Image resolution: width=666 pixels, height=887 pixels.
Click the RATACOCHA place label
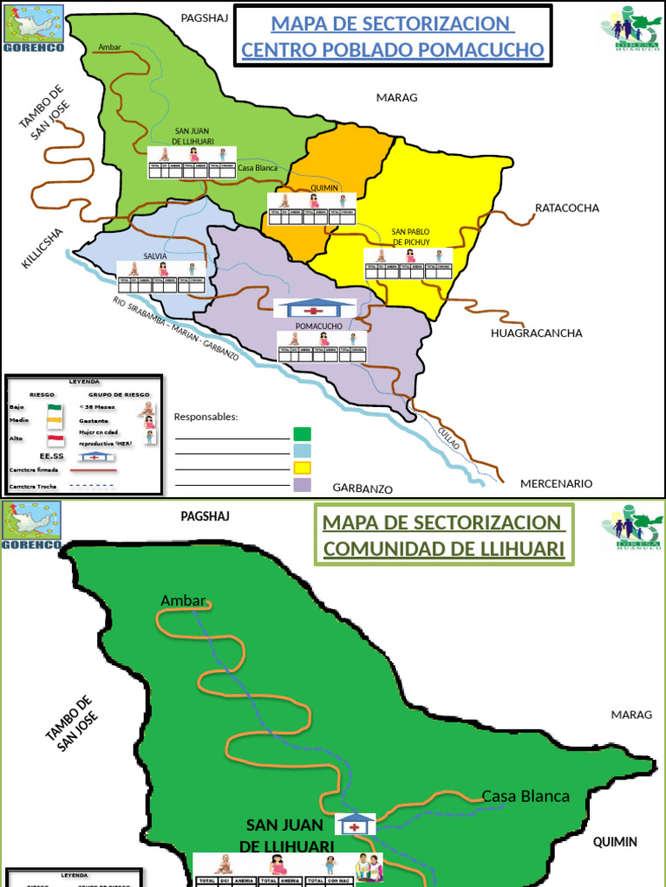pyautogui.click(x=567, y=208)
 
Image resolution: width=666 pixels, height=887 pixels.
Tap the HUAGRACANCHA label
pyautogui.click(x=536, y=333)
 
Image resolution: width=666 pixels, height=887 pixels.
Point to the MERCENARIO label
pyautogui.click(x=556, y=483)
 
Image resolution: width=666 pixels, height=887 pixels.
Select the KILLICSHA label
pyautogui.click(x=42, y=249)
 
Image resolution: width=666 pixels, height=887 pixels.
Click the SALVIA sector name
pyautogui.click(x=155, y=256)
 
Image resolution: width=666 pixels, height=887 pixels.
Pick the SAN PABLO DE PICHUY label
pyautogui.click(x=410, y=236)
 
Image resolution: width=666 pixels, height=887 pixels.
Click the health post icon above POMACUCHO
pyautogui.click(x=314, y=308)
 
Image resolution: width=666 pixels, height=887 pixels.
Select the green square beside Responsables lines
pyautogui.click(x=302, y=433)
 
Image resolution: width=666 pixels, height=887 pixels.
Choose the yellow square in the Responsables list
pyautogui.click(x=302, y=468)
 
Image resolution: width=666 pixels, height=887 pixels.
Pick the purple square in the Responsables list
pyautogui.click(x=302, y=485)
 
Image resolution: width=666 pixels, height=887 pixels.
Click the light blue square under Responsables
pyautogui.click(x=302, y=450)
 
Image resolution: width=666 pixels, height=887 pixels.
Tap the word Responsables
pyautogui.click(x=206, y=417)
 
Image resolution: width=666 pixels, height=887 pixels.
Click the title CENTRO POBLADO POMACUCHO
pyautogui.click(x=393, y=50)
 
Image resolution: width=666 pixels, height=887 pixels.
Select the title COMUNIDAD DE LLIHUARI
pyautogui.click(x=444, y=548)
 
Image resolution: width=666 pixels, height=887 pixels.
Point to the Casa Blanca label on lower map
pyautogui.click(x=526, y=796)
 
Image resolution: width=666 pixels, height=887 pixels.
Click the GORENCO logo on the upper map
pyautogui.click(x=33, y=27)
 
